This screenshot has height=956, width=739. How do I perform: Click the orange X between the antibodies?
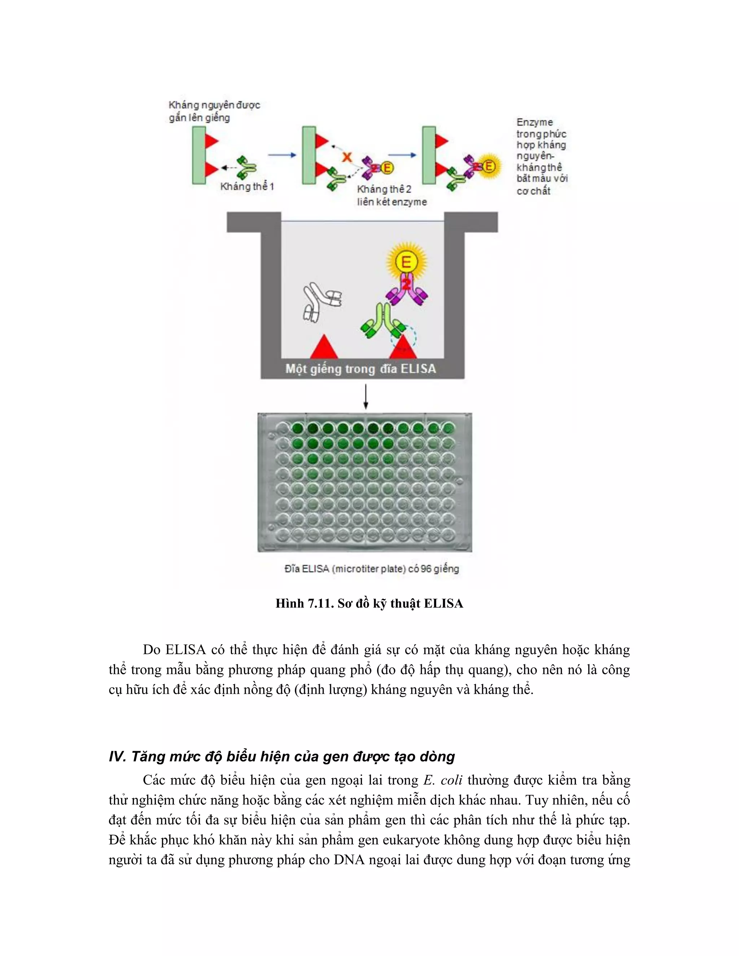[x=347, y=156]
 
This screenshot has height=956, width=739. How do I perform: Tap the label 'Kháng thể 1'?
[x=247, y=187]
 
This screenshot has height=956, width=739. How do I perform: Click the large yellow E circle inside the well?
[x=406, y=262]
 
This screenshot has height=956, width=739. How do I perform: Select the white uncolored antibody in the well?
[x=321, y=302]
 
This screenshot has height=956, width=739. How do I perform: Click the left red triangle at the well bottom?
[x=324, y=347]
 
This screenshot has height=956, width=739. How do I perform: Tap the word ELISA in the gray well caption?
[x=417, y=369]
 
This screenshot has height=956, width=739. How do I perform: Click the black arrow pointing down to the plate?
[x=366, y=396]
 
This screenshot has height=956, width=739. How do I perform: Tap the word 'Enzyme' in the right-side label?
[x=534, y=122]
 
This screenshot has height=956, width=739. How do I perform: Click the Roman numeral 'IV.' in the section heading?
[x=117, y=757]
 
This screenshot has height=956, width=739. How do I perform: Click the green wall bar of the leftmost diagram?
[x=199, y=155]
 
